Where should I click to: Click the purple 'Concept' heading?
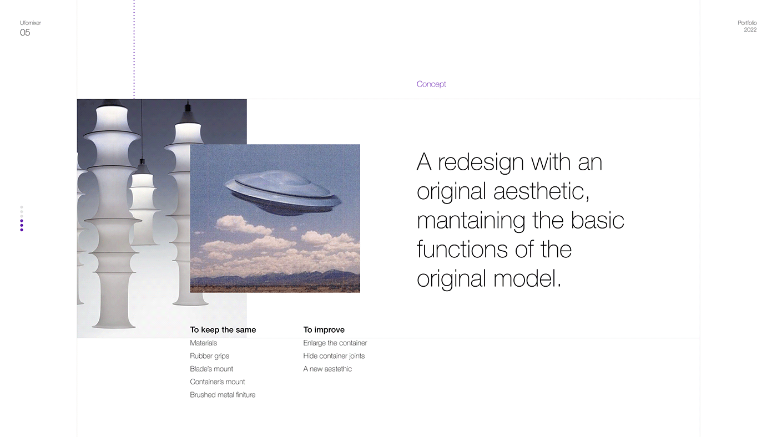pos(431,84)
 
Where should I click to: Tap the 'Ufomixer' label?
pos(31,23)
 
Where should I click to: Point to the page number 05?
pos(25,33)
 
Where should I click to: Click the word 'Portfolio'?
pos(747,23)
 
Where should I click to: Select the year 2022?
pos(750,30)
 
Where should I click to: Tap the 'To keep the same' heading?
pos(223,330)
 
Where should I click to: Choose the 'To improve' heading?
pos(324,330)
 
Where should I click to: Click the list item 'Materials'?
pos(203,343)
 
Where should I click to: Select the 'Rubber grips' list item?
pos(209,356)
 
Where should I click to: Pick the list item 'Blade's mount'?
pos(211,369)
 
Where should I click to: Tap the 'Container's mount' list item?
pos(217,382)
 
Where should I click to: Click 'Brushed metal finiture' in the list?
pos(223,395)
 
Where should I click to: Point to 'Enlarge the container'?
pos(335,343)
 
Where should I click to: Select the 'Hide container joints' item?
pos(334,356)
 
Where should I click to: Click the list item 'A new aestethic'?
pos(327,369)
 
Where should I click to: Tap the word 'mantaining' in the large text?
pos(471,221)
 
